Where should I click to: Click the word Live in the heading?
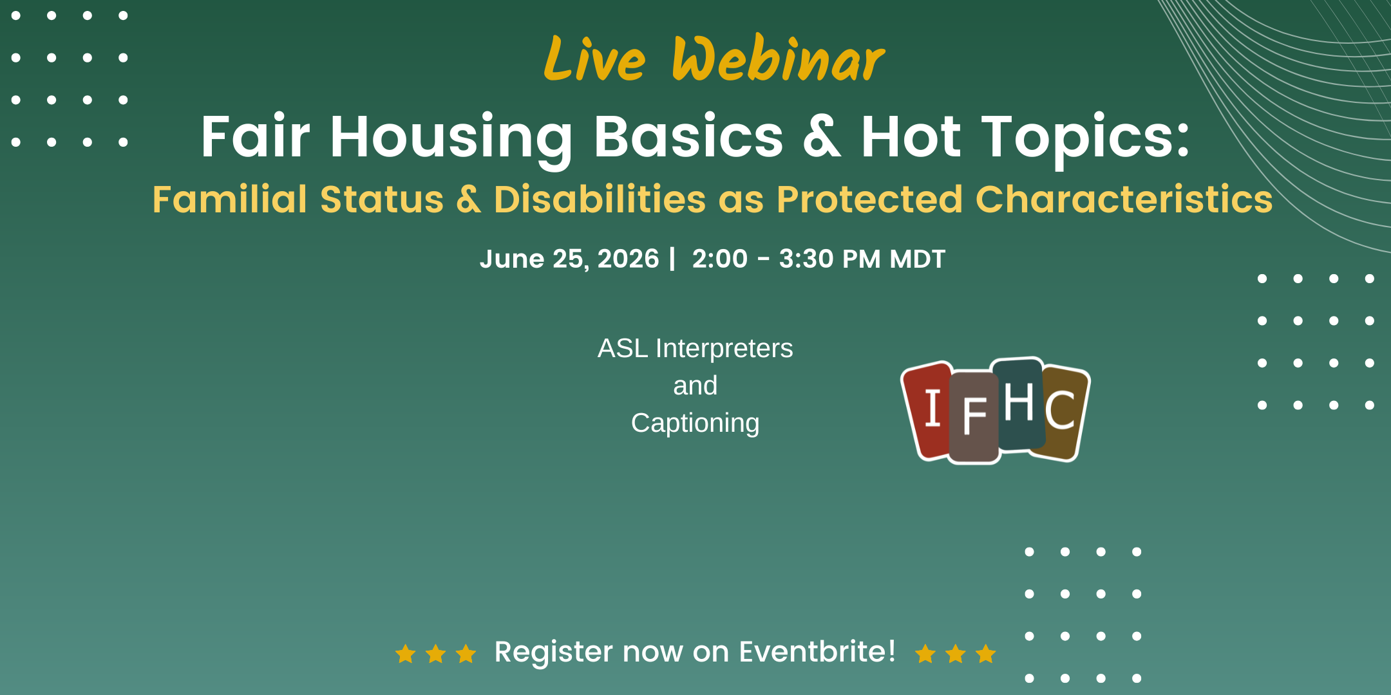[x=594, y=59]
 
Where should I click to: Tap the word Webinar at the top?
[x=779, y=59]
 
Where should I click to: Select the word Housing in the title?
[x=451, y=138]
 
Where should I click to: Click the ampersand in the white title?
[x=822, y=136]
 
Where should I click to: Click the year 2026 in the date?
[x=628, y=259]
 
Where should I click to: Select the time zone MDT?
[x=917, y=259]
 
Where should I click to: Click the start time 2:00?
[x=719, y=259]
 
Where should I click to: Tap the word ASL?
[x=623, y=348]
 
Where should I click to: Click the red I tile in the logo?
[x=927, y=411]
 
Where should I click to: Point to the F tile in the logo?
[x=974, y=417]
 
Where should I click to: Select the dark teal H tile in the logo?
[x=1019, y=403]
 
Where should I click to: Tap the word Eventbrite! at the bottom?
[x=817, y=651]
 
